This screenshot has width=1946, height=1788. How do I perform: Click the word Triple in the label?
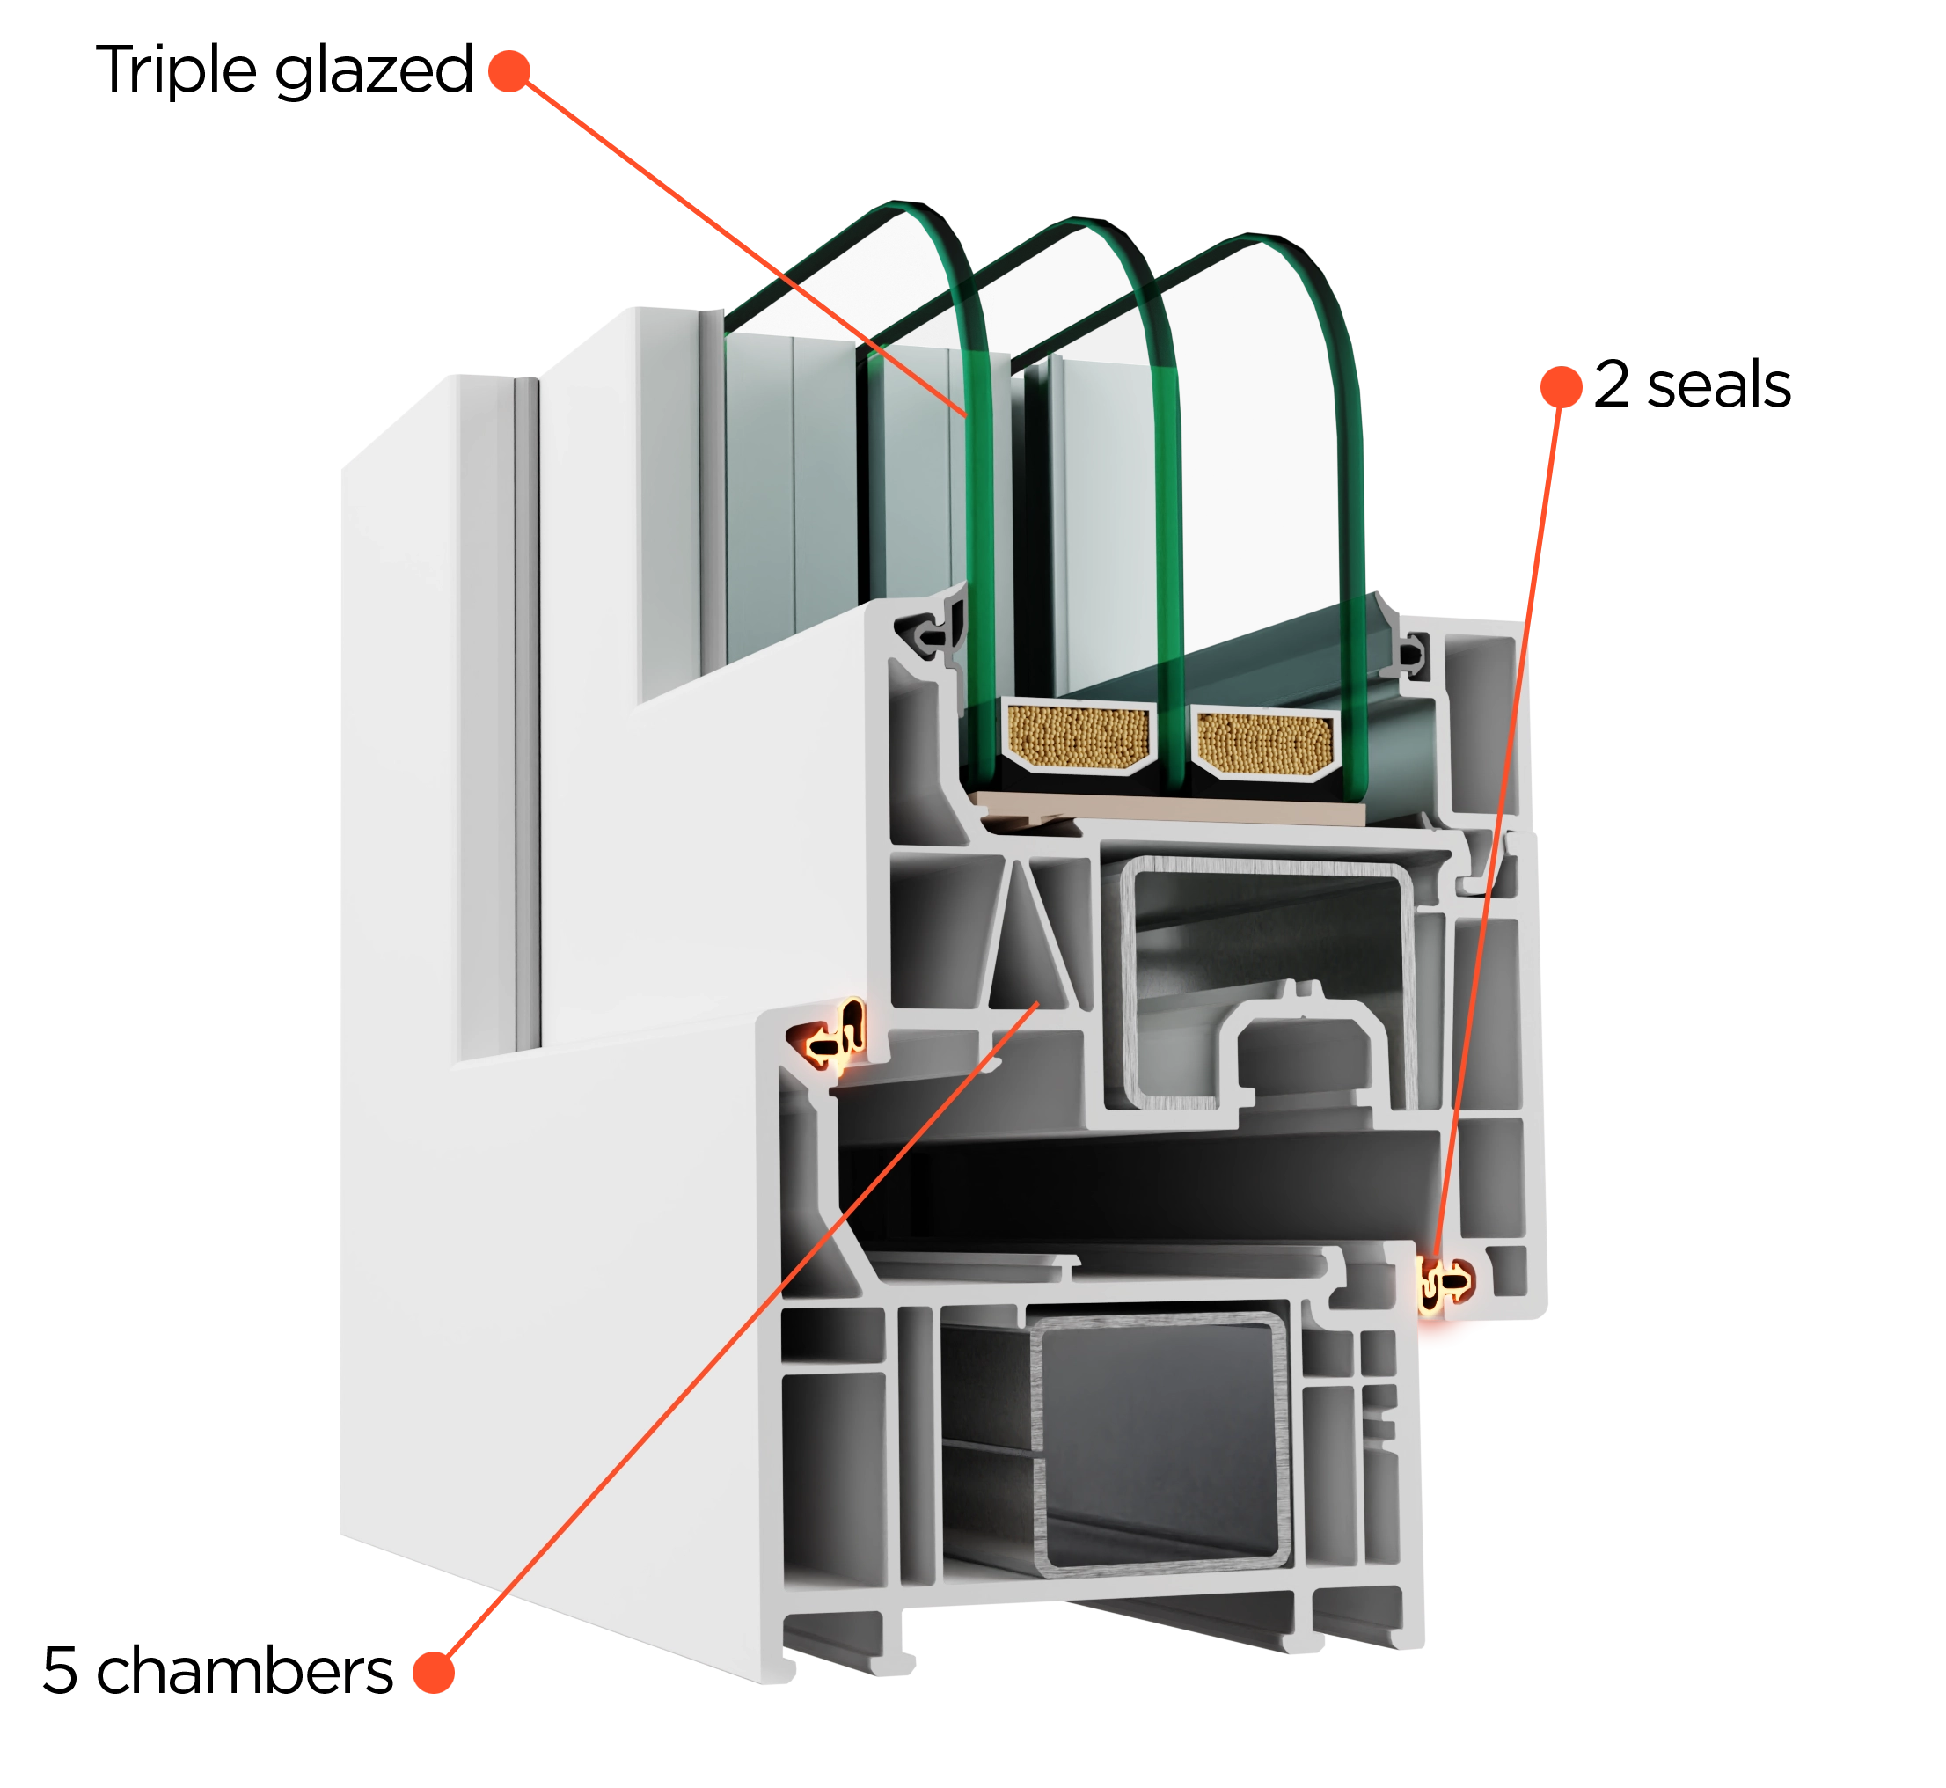coord(176,70)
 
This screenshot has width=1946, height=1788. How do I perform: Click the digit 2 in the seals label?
coord(1612,385)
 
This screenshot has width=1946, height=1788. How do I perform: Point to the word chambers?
coord(245,1670)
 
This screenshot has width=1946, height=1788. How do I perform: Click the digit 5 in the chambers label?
coord(60,1671)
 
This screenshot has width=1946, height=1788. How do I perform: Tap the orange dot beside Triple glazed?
coord(509,71)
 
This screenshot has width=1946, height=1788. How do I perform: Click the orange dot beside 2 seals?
coord(1561,387)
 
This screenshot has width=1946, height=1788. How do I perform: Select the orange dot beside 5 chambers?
coord(434,1672)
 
